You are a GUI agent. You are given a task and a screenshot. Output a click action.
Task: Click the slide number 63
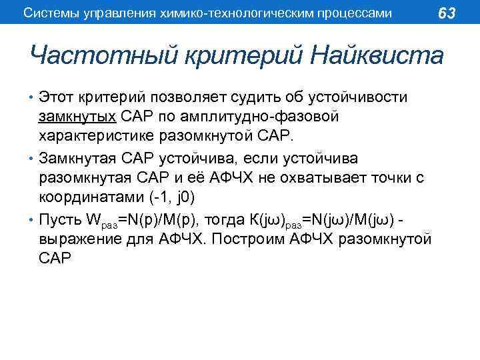click(447, 13)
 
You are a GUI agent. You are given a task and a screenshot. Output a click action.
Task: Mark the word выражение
click(83, 239)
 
